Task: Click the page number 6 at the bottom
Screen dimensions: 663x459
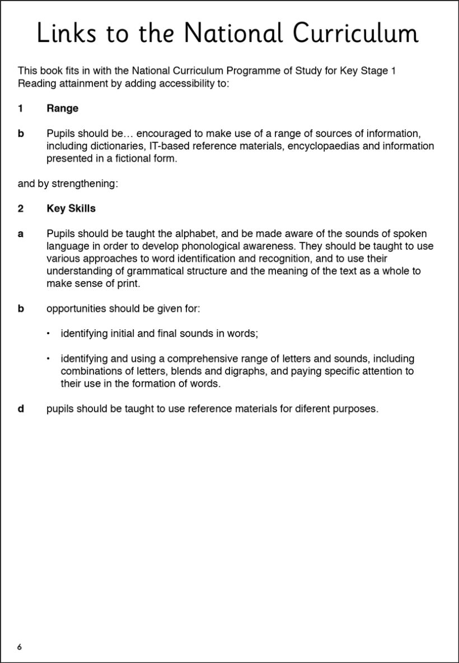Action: [20, 647]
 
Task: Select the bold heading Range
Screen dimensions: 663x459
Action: [62, 108]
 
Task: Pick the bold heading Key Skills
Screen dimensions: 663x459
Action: [71, 209]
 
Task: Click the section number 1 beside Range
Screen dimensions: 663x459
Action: [21, 108]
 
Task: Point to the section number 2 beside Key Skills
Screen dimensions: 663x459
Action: [21, 209]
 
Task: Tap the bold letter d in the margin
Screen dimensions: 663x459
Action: [21, 409]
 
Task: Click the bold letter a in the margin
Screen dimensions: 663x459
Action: [21, 234]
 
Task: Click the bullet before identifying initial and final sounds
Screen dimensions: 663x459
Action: [49, 333]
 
